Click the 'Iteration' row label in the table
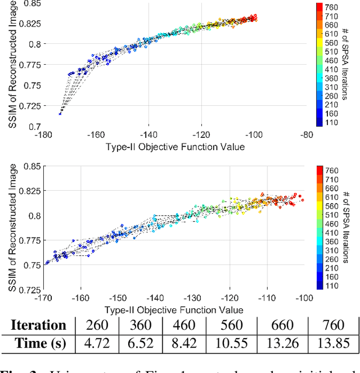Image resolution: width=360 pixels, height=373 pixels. coord(39,325)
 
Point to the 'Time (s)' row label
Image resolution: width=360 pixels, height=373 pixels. coord(39,343)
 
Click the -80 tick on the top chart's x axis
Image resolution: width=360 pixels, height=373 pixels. coord(307,135)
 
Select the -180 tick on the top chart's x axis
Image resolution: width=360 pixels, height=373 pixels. coord(42,135)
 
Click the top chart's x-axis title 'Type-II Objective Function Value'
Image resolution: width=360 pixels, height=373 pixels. coord(174,146)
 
